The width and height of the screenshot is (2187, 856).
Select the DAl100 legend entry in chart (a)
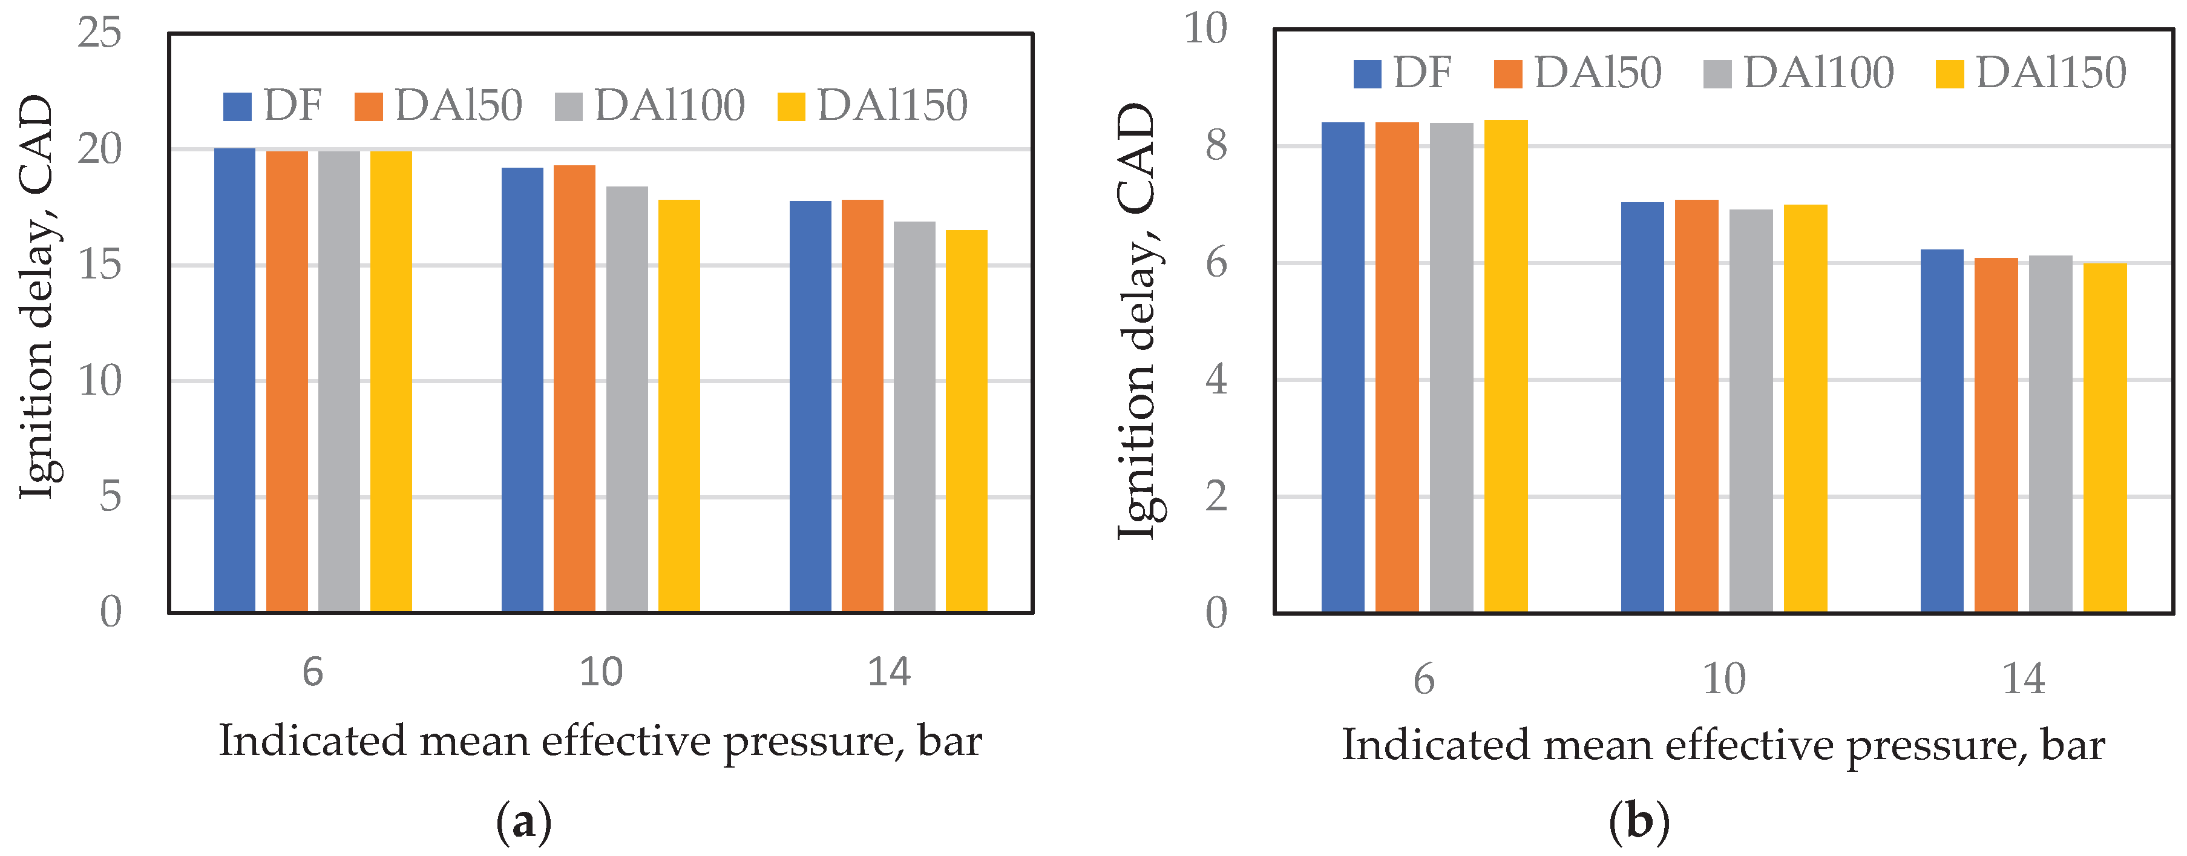pyautogui.click(x=649, y=106)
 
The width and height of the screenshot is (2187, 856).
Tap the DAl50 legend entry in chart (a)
pyautogui.click(x=438, y=106)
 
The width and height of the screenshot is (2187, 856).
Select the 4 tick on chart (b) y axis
pyautogui.click(x=1216, y=380)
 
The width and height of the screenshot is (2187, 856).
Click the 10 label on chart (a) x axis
pyautogui.click(x=600, y=673)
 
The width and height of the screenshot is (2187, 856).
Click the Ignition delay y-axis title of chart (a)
pyautogui.click(x=38, y=297)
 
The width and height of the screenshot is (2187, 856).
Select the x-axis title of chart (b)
pyautogui.click(x=1723, y=746)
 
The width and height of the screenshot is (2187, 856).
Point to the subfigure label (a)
pyautogui.click(x=524, y=822)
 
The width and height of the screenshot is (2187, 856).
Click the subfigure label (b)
pyautogui.click(x=1639, y=822)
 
